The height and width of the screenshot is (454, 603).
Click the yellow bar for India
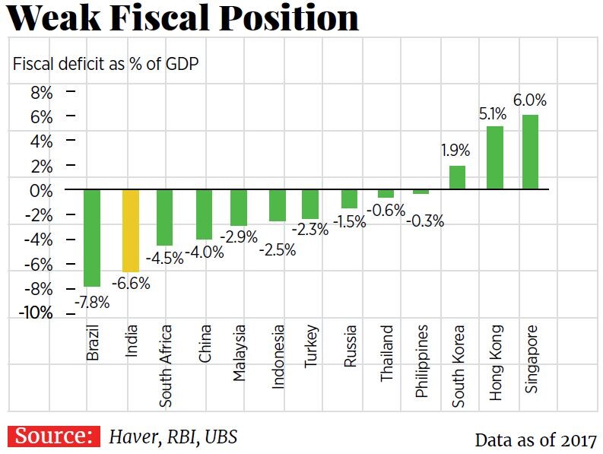pyautogui.click(x=131, y=230)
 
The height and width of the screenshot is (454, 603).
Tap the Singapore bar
pyautogui.click(x=530, y=152)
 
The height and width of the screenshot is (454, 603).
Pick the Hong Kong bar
pyautogui.click(x=495, y=157)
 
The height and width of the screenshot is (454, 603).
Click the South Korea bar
pyautogui.click(x=457, y=177)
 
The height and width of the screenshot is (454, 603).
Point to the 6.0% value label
pyautogui.click(x=530, y=100)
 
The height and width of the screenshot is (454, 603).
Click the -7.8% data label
pyautogui.click(x=91, y=301)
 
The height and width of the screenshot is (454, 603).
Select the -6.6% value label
pyautogui.click(x=131, y=284)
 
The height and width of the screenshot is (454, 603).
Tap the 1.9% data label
pyautogui.click(x=457, y=150)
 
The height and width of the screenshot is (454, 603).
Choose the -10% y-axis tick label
pyautogui.click(x=36, y=313)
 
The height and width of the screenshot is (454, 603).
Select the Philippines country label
pyautogui.click(x=422, y=361)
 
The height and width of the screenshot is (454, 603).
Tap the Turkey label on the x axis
pyautogui.click(x=311, y=348)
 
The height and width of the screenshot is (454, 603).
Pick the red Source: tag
pyautogui.click(x=54, y=437)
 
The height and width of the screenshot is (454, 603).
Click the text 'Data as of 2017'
pyautogui.click(x=535, y=440)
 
